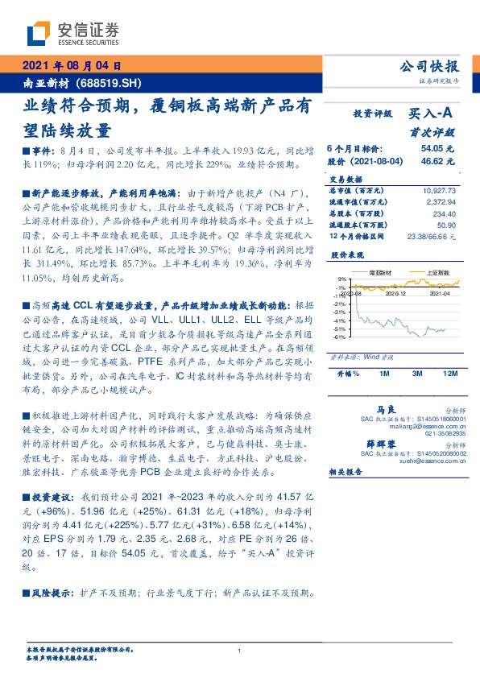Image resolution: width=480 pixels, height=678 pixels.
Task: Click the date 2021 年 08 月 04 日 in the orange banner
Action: coord(71,66)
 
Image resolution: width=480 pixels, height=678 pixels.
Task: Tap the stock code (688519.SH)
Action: coord(110,82)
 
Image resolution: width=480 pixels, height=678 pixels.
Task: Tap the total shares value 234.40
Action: coord(444,213)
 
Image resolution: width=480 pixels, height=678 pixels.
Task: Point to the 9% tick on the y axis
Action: coord(341,279)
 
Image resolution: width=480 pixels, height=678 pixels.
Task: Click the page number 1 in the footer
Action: coord(239,651)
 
